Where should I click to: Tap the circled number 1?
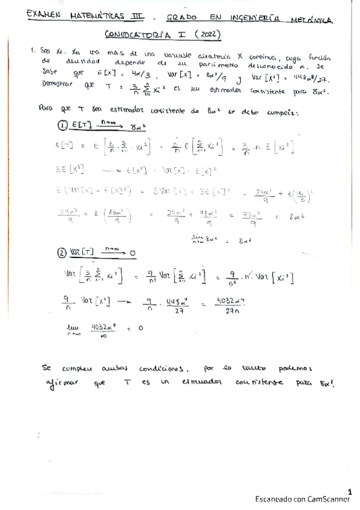[x=61, y=125]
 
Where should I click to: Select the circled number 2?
[x=61, y=253]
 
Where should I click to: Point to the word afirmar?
[x=61, y=384]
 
